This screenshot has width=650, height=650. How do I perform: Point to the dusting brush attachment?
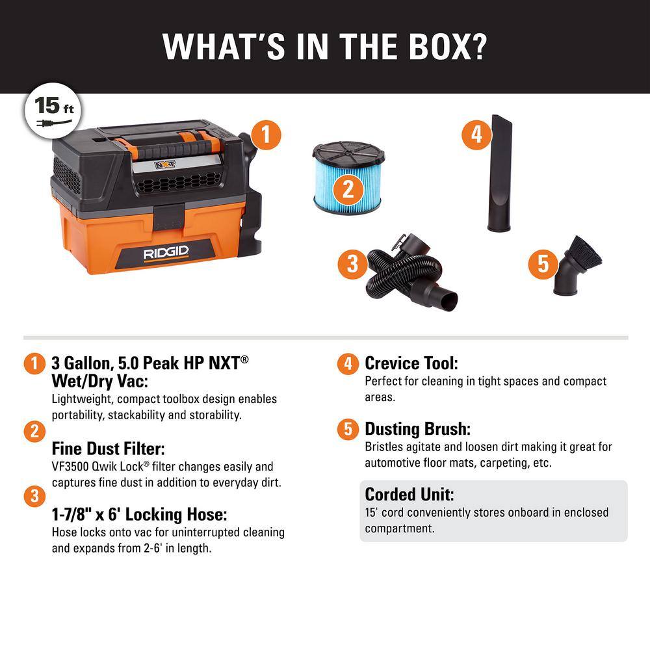575,266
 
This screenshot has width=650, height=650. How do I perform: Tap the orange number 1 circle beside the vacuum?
265,136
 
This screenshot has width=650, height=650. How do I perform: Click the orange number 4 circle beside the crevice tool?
476,135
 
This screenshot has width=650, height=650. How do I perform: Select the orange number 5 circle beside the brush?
543,264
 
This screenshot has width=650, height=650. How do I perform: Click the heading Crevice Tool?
411,363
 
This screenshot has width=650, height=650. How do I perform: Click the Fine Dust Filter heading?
107,448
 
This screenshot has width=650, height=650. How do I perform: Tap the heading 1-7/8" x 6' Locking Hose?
139,515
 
